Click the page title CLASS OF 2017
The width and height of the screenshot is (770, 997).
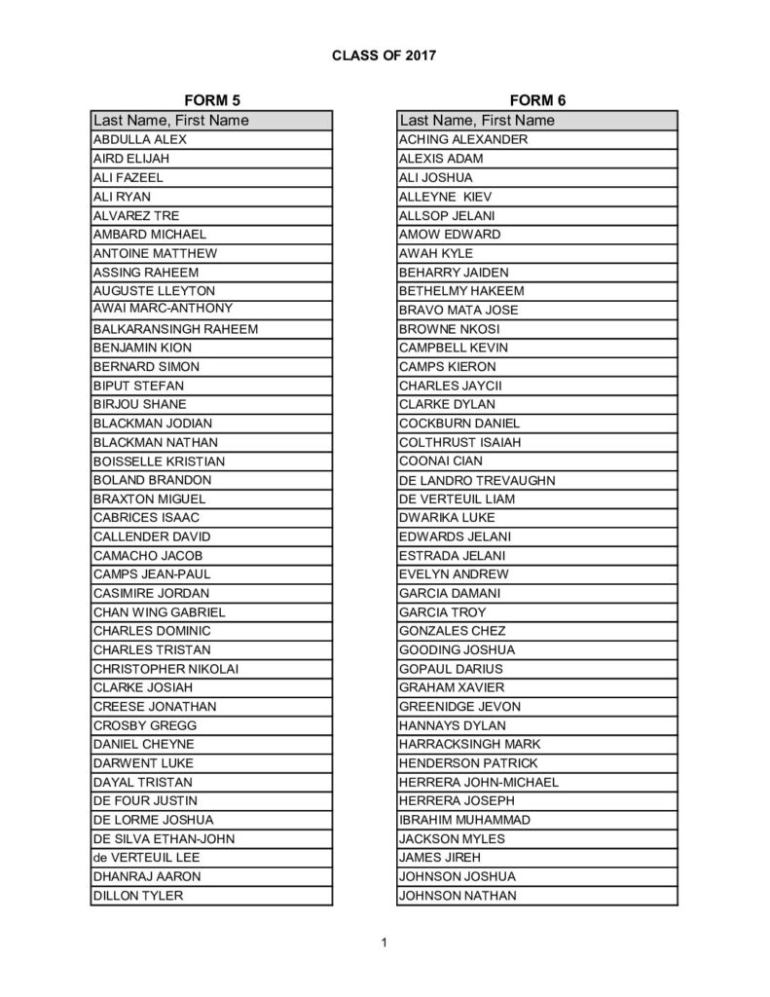coord(384,55)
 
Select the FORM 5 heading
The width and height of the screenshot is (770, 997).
coord(211,100)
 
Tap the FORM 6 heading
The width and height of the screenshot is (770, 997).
coord(536,100)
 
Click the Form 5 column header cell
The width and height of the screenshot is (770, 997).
coord(211,121)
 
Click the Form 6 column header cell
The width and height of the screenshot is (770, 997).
coord(537,121)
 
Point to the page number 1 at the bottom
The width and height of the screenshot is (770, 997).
coord(385,942)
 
